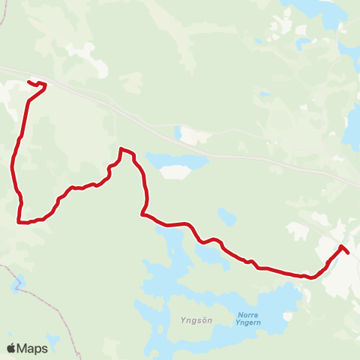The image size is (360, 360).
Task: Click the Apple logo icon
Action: [11, 348]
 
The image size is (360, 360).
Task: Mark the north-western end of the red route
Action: [28, 82]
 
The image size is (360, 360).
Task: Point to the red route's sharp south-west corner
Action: [19, 221]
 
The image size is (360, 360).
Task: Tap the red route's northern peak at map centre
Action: [121, 149]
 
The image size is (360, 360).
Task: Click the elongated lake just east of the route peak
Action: [177, 160]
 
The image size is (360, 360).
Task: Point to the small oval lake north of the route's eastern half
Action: [226, 217]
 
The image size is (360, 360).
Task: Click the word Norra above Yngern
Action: [247, 314]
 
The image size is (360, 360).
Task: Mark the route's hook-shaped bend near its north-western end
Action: [44, 86]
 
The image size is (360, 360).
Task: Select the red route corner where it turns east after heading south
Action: [142, 214]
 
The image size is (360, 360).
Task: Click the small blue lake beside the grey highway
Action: [177, 133]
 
